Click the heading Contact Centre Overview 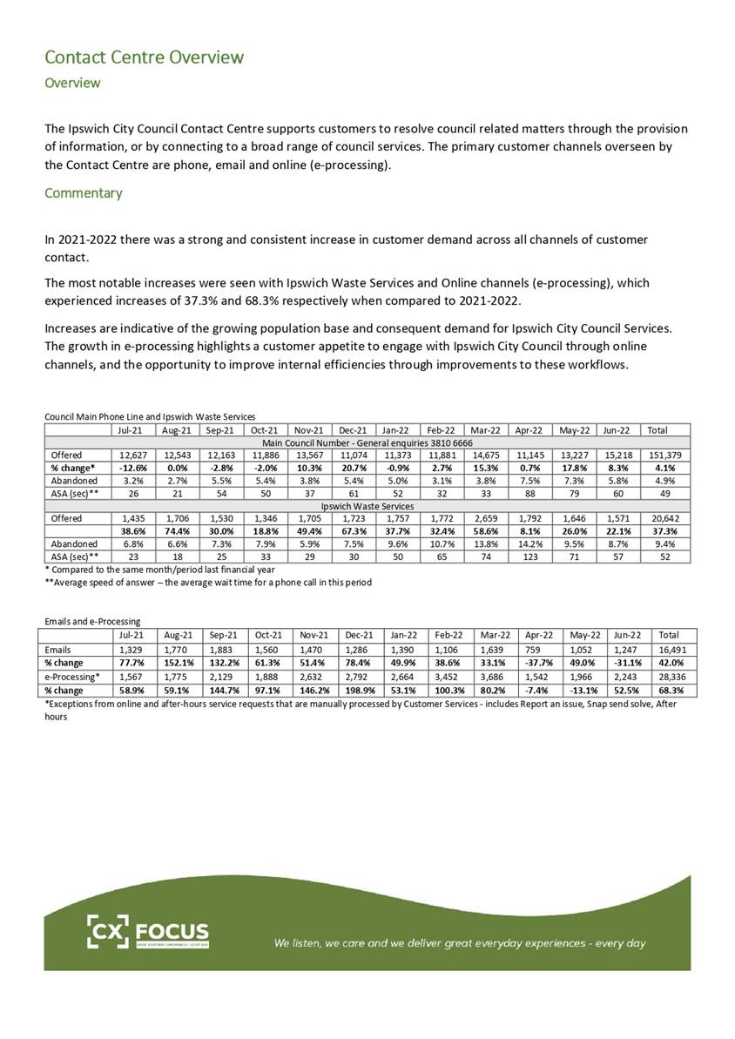[144, 57]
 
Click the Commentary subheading [84, 192]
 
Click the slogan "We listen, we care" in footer [460, 942]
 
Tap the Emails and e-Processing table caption [92, 621]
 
